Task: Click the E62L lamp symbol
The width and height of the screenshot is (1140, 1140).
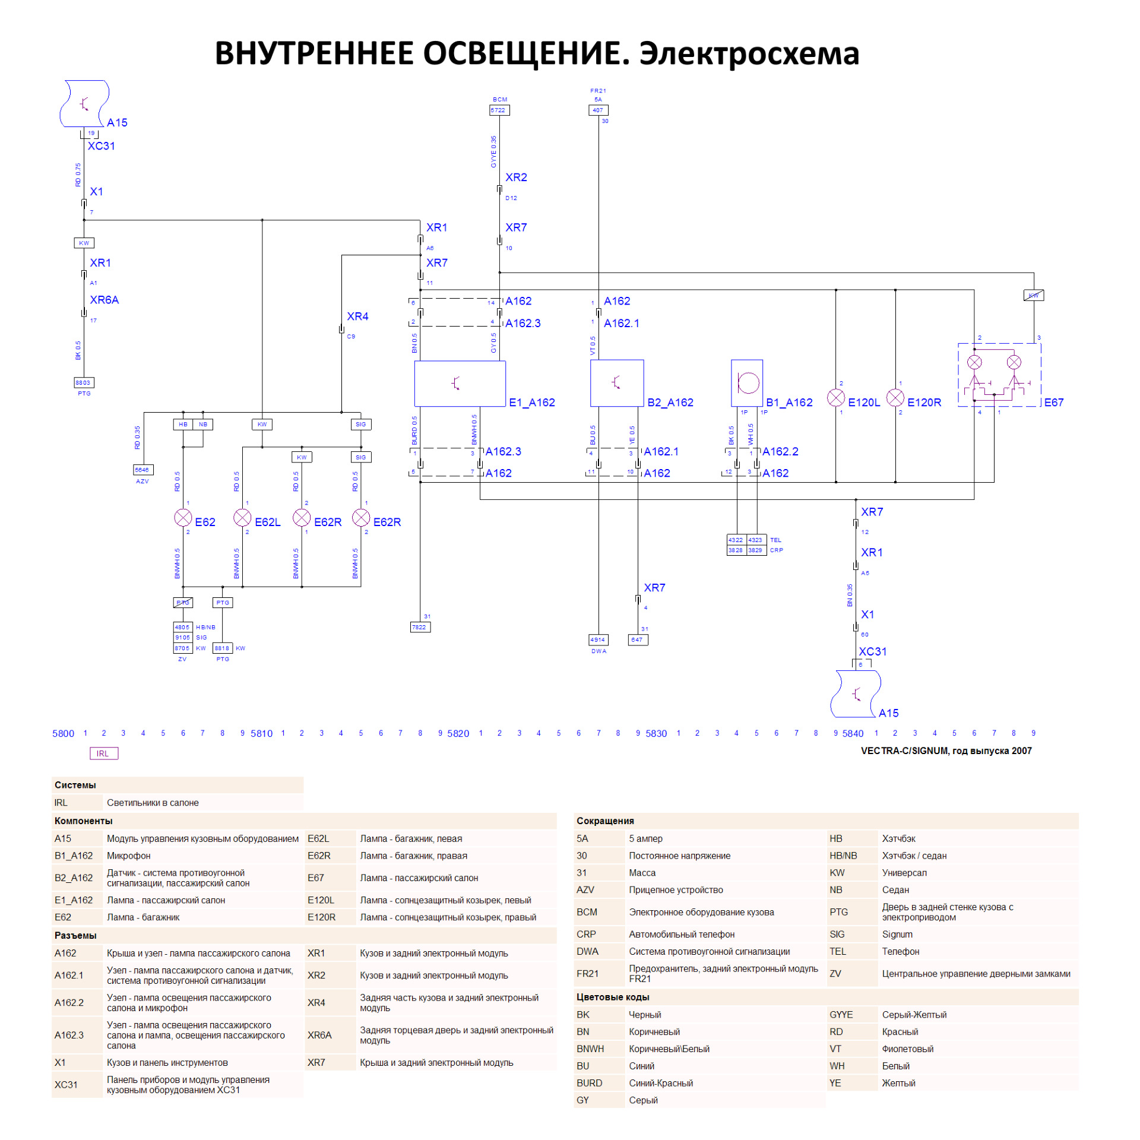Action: [242, 518]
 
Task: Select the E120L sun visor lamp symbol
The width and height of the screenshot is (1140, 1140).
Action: [835, 397]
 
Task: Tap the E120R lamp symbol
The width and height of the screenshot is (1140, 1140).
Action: [895, 397]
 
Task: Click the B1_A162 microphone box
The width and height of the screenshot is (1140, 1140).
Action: [747, 383]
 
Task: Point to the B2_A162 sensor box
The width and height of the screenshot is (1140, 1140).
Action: [617, 383]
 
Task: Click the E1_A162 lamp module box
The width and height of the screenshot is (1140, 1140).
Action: [460, 384]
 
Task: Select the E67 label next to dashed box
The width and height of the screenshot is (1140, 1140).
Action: [1054, 403]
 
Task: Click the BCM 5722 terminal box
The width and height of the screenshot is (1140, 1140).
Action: [499, 110]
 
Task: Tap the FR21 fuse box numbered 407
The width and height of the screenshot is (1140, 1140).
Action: [598, 110]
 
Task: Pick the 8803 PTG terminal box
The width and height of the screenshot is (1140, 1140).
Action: [84, 382]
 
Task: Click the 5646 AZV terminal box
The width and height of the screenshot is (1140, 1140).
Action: [143, 470]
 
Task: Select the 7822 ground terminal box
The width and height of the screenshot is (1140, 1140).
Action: [420, 627]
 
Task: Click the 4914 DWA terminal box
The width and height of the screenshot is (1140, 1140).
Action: [598, 639]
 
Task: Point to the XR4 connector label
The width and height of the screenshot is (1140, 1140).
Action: [357, 316]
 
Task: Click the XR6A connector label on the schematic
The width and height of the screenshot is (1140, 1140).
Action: [104, 300]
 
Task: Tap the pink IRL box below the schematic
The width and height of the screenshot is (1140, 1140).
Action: [103, 753]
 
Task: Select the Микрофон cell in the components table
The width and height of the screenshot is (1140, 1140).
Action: [128, 856]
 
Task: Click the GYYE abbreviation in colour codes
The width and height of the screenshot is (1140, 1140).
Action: [841, 1015]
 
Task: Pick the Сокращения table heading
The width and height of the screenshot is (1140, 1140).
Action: [605, 821]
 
